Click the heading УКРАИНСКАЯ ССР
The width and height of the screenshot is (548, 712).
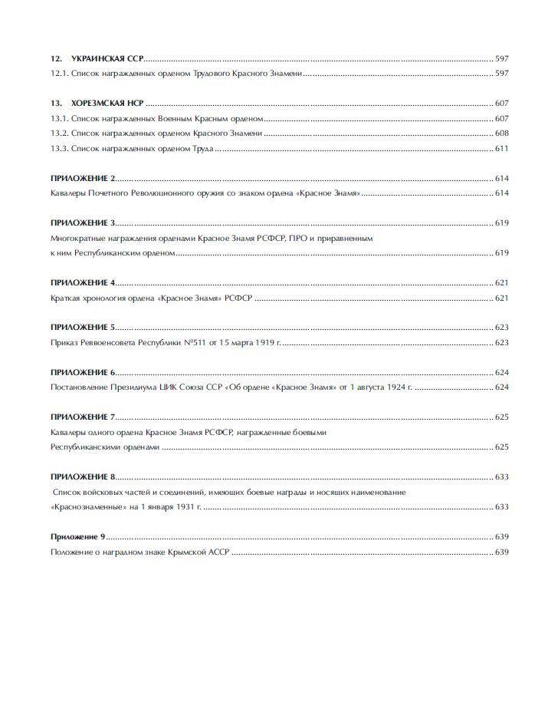[107, 58]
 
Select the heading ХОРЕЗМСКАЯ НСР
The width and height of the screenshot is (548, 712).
[107, 104]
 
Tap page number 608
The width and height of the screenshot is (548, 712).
[502, 133]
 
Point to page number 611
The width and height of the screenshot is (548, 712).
[502, 148]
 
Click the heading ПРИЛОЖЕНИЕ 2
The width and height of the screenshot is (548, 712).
[83, 178]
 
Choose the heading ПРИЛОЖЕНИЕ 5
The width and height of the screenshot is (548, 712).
[83, 327]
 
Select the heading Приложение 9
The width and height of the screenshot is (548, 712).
[77, 536]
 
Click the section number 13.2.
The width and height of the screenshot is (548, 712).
[59, 133]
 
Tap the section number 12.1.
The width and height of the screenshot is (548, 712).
[59, 73]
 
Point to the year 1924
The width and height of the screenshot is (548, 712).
[394, 387]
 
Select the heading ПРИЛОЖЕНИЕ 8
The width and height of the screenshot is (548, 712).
[83, 476]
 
